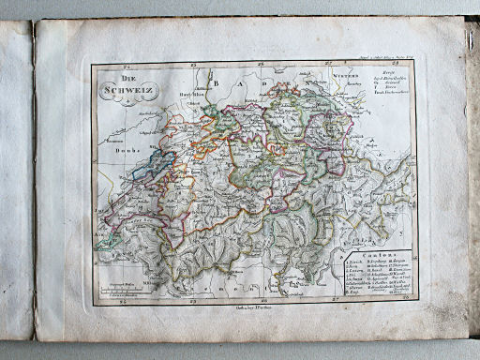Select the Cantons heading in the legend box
(x=378, y=255)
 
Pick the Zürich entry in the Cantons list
(x=355, y=262)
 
